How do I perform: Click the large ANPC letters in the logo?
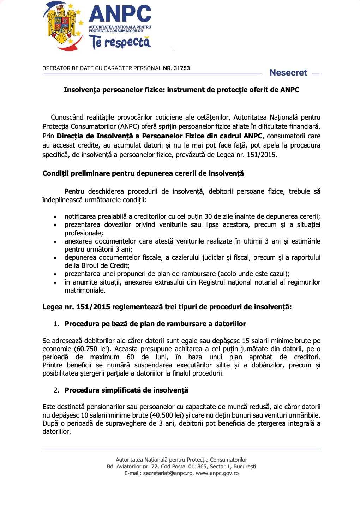120,14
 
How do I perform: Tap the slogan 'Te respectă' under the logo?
120,42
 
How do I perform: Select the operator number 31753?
182,68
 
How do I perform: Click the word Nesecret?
288,73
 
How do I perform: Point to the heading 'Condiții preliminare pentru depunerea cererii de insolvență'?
143,173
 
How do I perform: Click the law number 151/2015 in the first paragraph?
261,155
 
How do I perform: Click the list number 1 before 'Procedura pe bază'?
56,324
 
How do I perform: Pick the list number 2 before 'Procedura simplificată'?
56,390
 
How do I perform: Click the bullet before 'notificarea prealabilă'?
55,217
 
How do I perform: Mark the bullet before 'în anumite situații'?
55,283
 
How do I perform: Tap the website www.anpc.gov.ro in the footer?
217,473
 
